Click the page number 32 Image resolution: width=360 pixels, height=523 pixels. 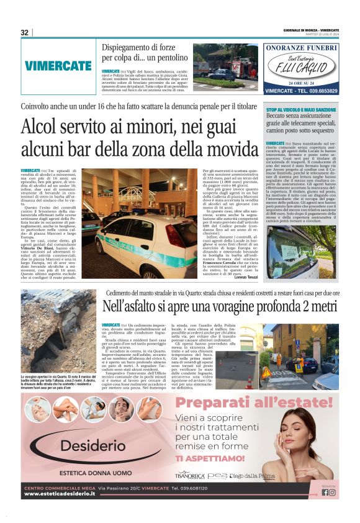point(25,32)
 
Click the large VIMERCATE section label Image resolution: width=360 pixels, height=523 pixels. point(58,65)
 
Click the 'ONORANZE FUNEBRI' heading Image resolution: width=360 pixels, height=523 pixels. point(301,47)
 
